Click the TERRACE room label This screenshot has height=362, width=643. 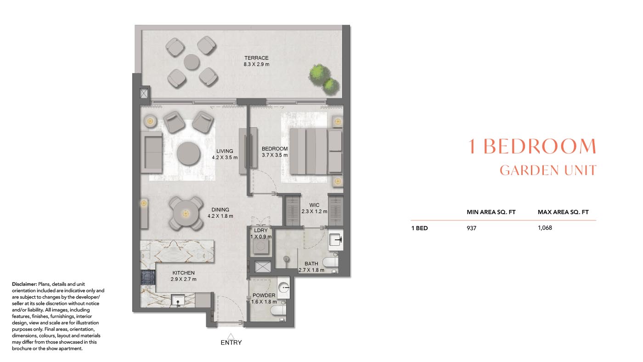click(x=256, y=58)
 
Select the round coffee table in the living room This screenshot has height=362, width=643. click(x=188, y=153)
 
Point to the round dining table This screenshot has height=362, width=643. click(x=186, y=214)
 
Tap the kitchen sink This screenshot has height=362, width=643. click(x=177, y=301)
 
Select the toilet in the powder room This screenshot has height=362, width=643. click(x=277, y=311)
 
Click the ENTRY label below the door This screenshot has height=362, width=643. click(x=231, y=343)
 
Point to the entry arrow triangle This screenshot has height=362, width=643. click(x=231, y=335)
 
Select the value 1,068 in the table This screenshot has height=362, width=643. click(x=545, y=228)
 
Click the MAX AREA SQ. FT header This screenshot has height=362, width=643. click(x=563, y=212)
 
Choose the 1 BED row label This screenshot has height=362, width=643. click(x=419, y=228)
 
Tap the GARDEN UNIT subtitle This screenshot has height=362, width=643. click(x=547, y=170)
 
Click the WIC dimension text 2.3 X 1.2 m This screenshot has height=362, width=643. click(x=314, y=212)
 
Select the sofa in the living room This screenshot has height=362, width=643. click(x=152, y=152)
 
